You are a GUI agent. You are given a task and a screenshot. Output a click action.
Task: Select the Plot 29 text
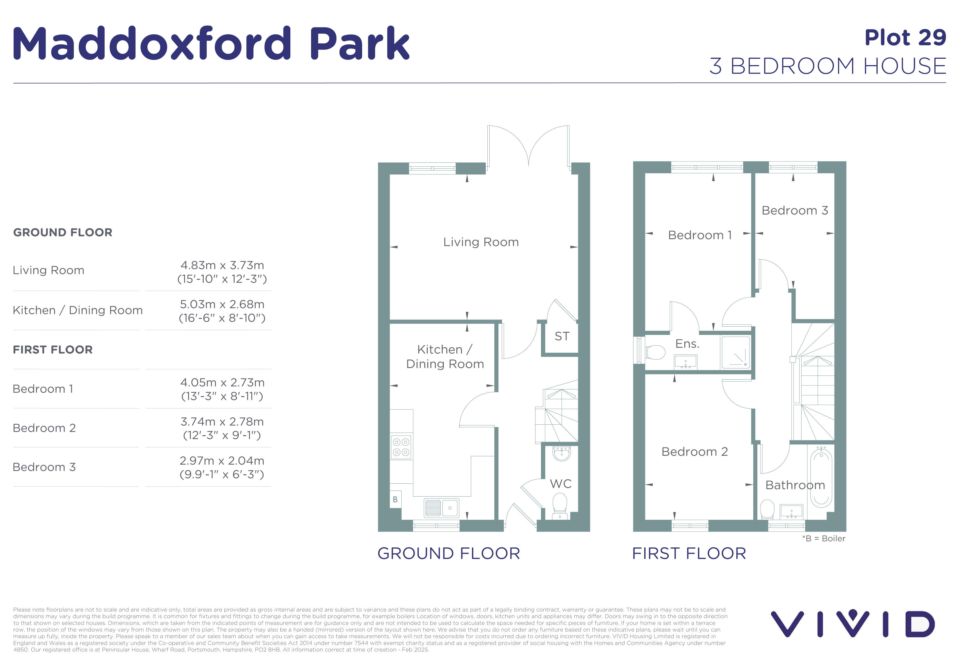[x=905, y=38]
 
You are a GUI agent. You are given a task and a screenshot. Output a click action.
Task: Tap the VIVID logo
[x=853, y=623]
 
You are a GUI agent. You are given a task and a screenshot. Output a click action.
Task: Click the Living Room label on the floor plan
[x=481, y=242]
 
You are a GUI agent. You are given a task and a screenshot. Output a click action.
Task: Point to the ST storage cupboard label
[x=562, y=336]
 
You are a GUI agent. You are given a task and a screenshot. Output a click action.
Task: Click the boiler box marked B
[x=395, y=499]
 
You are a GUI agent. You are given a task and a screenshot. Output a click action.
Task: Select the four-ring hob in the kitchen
[x=401, y=447]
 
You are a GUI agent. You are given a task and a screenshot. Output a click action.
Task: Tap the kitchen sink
[x=441, y=508]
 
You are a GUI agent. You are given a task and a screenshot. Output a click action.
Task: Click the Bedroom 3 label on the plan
[x=795, y=210]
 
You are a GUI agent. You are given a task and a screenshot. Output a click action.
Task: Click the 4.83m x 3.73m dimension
[x=222, y=265]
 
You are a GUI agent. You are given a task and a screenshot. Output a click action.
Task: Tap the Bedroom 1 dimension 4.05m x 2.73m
[x=222, y=382]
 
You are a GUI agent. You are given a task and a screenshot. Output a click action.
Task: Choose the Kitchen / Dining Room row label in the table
[x=78, y=310]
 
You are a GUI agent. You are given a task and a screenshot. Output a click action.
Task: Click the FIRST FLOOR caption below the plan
[x=689, y=553]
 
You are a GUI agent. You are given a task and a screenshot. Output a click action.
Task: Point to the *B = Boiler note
[x=823, y=538]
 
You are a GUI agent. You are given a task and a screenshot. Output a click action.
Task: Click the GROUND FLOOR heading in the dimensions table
[x=63, y=232]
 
